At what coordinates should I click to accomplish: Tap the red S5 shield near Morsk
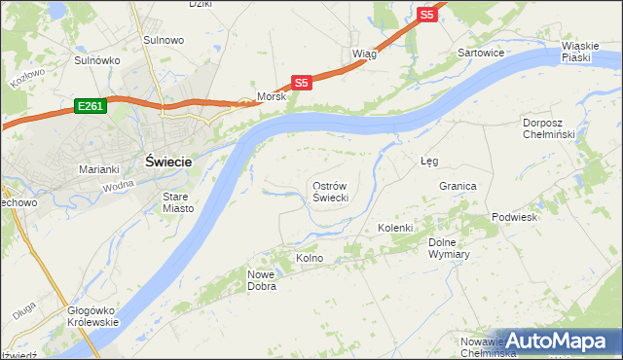pos(302,83)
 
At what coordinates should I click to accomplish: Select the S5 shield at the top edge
pos(426,15)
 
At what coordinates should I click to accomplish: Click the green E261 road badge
pos(88,103)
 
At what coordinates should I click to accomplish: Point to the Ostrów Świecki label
pos(330,191)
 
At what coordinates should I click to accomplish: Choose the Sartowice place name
pos(481,53)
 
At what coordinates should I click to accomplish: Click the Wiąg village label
pos(363,54)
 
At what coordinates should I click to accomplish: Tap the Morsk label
pos(271,97)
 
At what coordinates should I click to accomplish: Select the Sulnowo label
pos(164,40)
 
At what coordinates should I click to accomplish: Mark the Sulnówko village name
pos(97,60)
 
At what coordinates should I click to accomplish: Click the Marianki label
pos(98,169)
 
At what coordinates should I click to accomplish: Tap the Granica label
pos(457,186)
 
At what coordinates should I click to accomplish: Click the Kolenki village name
pos(396,228)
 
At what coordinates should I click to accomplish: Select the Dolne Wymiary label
pos(450,248)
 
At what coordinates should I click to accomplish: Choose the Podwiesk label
pos(514,217)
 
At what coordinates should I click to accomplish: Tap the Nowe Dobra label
pos(262,280)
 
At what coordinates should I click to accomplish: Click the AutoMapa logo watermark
pos(555,342)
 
